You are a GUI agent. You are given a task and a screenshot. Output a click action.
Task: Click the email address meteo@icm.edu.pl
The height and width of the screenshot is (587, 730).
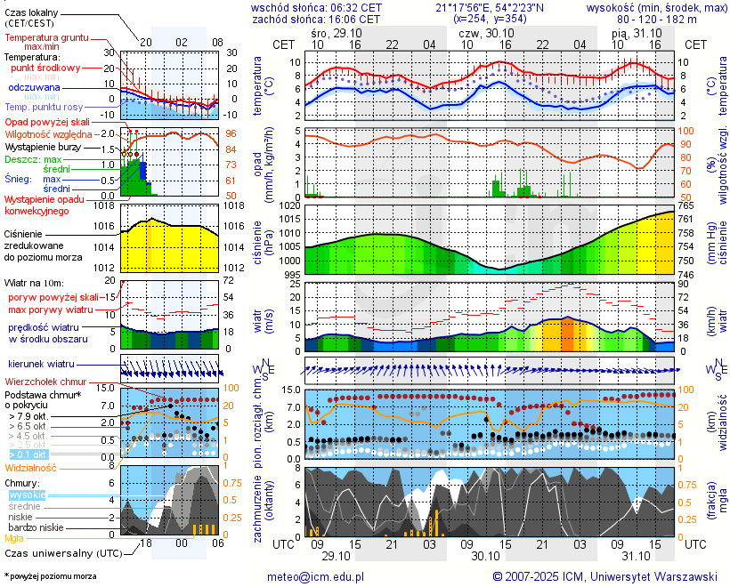coord(316,576)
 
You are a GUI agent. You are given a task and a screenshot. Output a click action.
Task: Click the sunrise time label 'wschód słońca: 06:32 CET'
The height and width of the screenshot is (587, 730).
coord(317,7)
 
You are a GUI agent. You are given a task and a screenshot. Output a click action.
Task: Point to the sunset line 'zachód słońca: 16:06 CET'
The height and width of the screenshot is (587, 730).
coord(316,19)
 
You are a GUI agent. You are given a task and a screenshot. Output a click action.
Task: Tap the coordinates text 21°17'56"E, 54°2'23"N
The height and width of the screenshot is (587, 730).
coord(485,7)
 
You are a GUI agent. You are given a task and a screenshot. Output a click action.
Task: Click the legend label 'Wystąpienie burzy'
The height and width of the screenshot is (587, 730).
coord(43,146)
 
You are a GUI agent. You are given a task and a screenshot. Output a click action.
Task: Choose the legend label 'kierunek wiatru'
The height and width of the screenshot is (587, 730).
coord(41,365)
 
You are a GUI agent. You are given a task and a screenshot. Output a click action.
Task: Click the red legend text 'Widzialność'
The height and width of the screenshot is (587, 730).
coord(31,467)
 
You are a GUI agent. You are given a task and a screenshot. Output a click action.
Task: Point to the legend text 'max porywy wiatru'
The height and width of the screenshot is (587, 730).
coord(51,310)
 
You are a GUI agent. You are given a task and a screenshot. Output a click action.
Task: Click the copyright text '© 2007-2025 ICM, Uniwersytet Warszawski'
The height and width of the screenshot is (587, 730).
coord(604,576)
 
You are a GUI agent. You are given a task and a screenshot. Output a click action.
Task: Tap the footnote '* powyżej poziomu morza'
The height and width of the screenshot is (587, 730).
coord(50,576)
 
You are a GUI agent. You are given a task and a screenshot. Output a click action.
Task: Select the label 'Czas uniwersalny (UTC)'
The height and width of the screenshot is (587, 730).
coord(62,553)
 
